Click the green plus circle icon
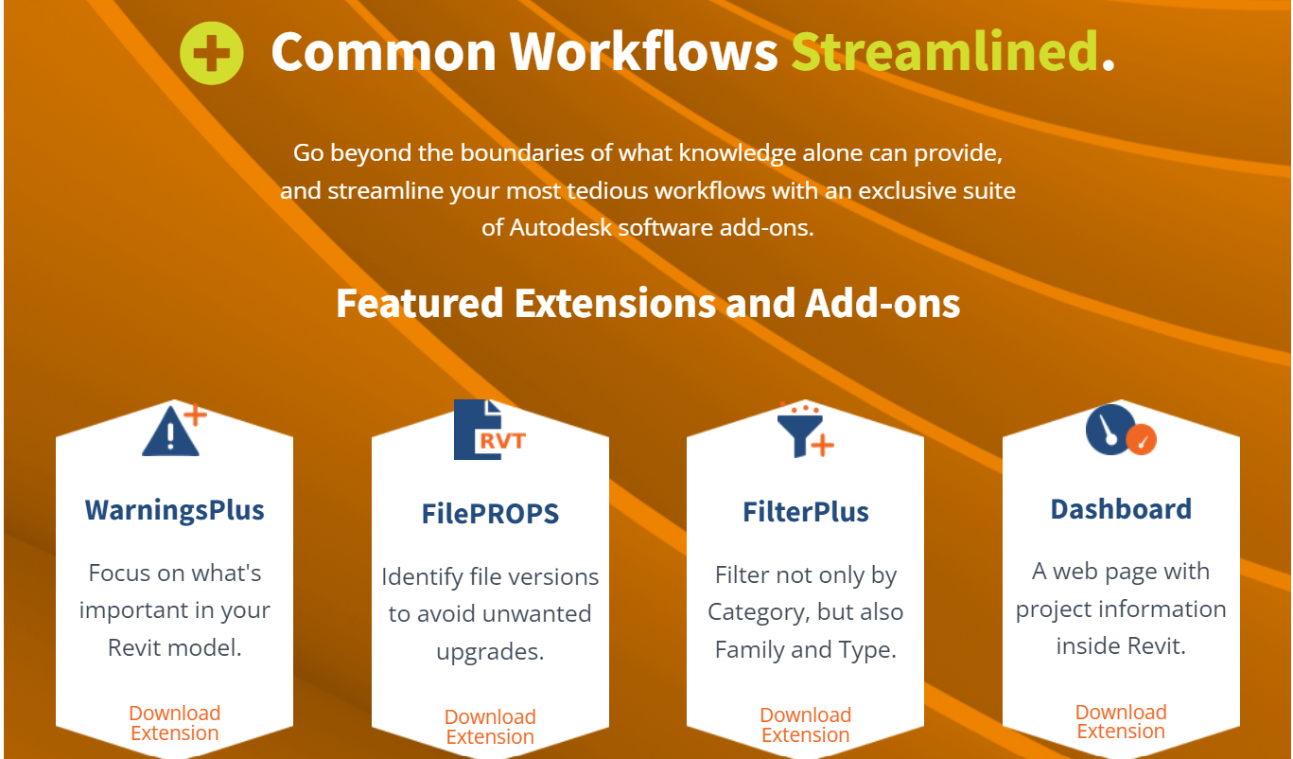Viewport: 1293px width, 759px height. [x=211, y=53]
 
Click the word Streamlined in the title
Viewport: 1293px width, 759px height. [x=944, y=51]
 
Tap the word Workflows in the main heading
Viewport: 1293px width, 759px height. [x=643, y=51]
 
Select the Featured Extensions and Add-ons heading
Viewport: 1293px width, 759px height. [x=648, y=303]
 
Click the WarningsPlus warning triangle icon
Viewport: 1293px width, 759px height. [x=174, y=430]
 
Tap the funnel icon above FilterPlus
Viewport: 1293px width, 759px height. [x=805, y=431]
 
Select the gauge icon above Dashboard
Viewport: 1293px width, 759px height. [x=1121, y=430]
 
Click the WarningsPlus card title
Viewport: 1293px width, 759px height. [x=174, y=510]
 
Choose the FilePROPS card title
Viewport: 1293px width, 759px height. [x=490, y=514]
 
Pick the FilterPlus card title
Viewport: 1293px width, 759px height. [x=805, y=512]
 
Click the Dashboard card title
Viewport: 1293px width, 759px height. [x=1121, y=509]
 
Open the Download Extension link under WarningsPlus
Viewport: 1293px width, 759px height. [x=174, y=723]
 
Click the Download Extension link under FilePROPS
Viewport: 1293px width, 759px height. [x=490, y=727]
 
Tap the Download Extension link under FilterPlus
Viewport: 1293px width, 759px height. [x=805, y=725]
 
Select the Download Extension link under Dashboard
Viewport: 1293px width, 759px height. [x=1121, y=721]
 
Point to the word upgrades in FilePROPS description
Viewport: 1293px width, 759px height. [x=490, y=652]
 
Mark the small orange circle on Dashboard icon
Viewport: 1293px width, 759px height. [x=1142, y=440]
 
